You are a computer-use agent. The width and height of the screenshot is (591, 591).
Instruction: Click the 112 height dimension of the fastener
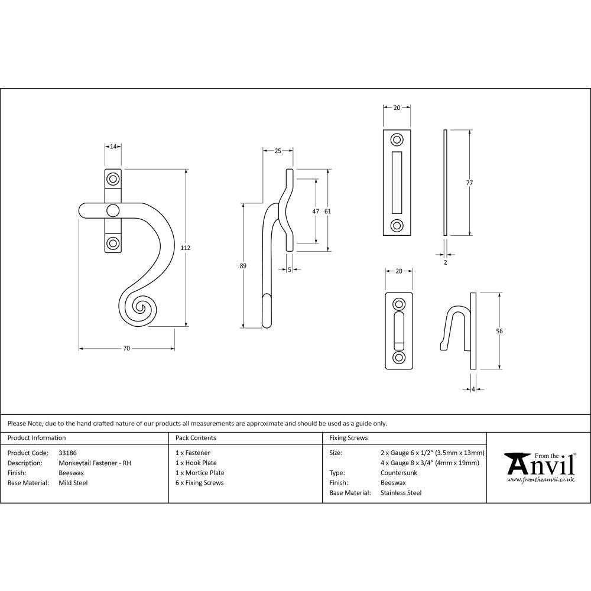(185, 248)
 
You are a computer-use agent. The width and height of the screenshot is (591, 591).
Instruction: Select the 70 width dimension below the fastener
(126, 349)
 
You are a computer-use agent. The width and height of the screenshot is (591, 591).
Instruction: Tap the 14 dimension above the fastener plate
(113, 146)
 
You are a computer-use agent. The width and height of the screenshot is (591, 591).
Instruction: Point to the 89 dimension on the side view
(243, 266)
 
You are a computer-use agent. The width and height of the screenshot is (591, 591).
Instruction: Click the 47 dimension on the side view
(316, 211)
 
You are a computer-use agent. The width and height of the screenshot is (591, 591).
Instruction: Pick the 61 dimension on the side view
(328, 211)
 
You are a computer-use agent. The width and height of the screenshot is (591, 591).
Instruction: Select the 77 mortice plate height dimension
(469, 183)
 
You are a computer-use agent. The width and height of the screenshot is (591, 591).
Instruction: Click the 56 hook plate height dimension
(499, 332)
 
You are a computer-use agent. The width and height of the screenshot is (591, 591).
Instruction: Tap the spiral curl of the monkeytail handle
(140, 307)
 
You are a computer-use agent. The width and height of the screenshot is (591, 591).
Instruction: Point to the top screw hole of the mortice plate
(397, 140)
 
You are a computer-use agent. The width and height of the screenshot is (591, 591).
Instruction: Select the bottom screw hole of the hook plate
(400, 358)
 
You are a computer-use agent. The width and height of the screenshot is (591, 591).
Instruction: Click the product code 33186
(68, 453)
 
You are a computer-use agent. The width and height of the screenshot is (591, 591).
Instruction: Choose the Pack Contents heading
(196, 438)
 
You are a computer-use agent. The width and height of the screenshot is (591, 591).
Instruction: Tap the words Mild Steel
(73, 483)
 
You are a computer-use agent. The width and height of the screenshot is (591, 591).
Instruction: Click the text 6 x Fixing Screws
(200, 483)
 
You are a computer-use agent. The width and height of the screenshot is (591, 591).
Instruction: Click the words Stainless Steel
(401, 493)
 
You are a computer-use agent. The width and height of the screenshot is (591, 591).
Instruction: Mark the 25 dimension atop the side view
(278, 151)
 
